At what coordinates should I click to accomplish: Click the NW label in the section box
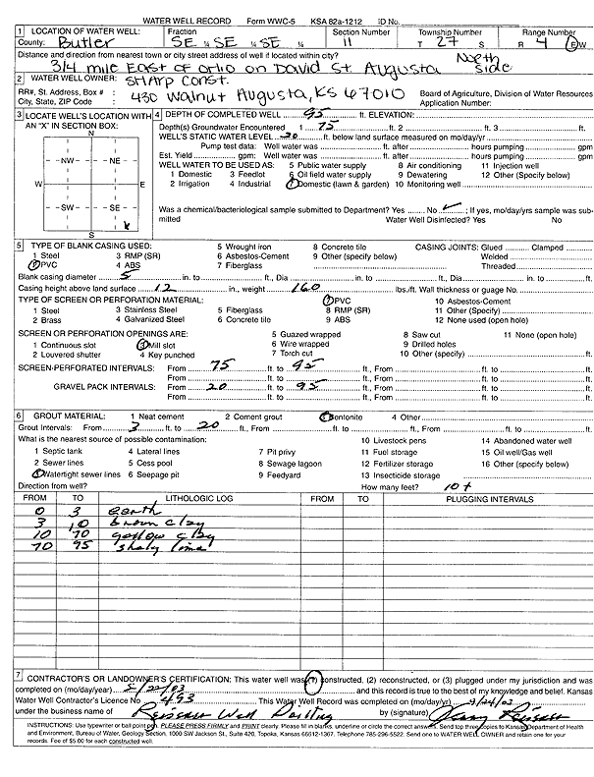pos(70,160)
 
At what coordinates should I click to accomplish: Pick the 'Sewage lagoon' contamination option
pos(296,463)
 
